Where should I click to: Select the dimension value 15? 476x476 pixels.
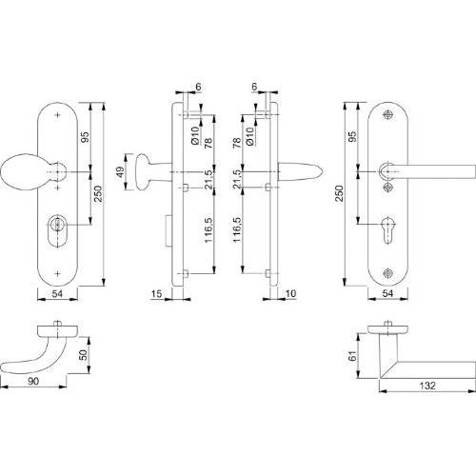click(x=156, y=294)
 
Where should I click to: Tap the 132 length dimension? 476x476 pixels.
click(x=424, y=388)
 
